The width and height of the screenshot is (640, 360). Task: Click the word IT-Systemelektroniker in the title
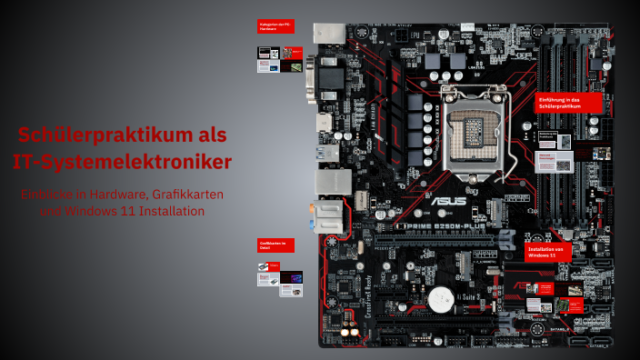[123, 162]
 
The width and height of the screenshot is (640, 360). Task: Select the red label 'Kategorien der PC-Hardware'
[277, 27]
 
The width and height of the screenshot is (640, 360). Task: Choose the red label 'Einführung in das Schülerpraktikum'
[569, 102]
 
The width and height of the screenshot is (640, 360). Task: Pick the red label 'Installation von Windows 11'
[549, 252]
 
